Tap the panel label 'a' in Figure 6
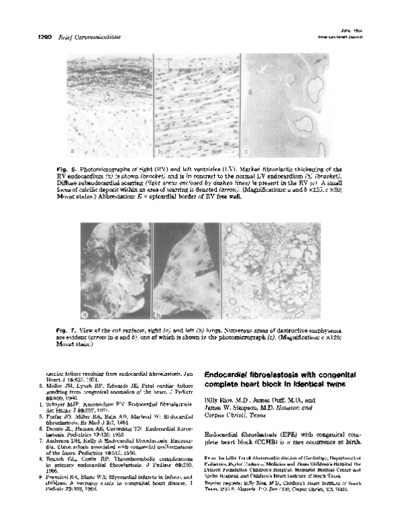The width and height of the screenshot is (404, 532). (72, 152)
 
